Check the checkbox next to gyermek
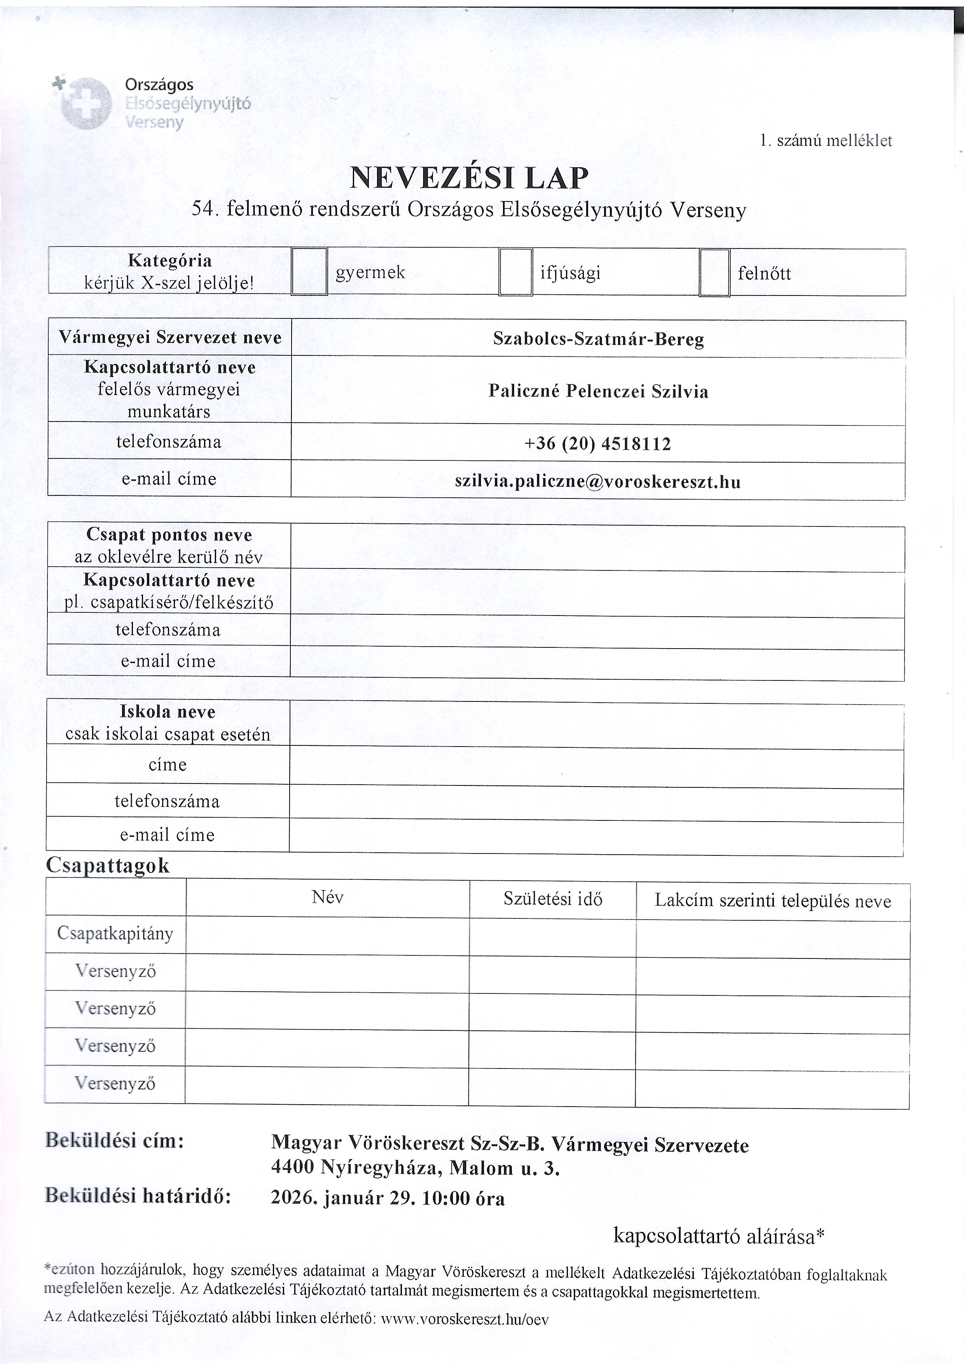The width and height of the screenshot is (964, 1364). coord(309,271)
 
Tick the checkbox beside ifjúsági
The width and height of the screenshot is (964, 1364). coord(515,272)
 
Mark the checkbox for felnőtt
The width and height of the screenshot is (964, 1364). coord(714,273)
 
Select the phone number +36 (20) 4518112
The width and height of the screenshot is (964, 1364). coord(597,444)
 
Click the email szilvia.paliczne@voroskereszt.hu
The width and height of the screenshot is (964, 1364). coord(597,481)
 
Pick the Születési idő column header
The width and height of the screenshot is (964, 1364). coord(552,899)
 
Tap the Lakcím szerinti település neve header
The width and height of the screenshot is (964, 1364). coord(773,901)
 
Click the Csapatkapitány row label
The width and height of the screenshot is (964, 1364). coord(115,933)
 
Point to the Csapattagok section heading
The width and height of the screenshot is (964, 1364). coord(108,866)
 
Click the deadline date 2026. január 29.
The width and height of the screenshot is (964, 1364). coord(342,1198)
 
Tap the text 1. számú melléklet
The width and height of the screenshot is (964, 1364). coord(826,141)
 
